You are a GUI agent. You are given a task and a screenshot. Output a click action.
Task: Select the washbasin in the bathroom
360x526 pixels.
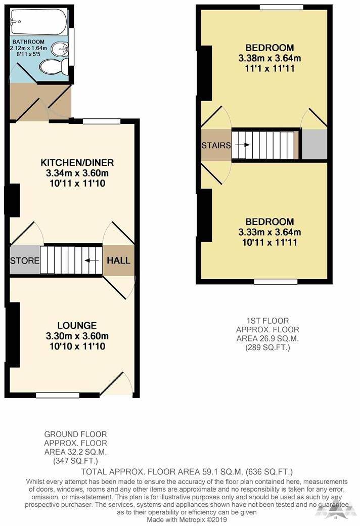62,49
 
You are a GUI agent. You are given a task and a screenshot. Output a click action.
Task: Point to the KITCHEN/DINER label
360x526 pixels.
77,163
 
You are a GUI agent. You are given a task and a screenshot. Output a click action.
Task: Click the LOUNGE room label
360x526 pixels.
77,325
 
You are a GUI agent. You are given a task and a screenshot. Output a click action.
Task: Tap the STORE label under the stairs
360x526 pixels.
24,261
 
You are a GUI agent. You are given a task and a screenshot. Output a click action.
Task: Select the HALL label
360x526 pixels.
119,261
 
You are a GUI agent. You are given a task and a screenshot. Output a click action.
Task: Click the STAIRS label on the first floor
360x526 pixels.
216,145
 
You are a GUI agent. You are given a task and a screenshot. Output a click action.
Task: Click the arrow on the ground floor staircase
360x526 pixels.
92,261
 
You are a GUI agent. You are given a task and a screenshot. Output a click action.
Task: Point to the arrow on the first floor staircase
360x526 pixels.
243,145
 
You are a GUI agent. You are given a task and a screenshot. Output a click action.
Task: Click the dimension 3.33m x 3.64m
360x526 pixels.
270,233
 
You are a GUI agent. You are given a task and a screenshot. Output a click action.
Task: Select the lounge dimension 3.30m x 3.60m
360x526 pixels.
77,336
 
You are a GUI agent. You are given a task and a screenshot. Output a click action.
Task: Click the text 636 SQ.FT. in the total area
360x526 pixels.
269,472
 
